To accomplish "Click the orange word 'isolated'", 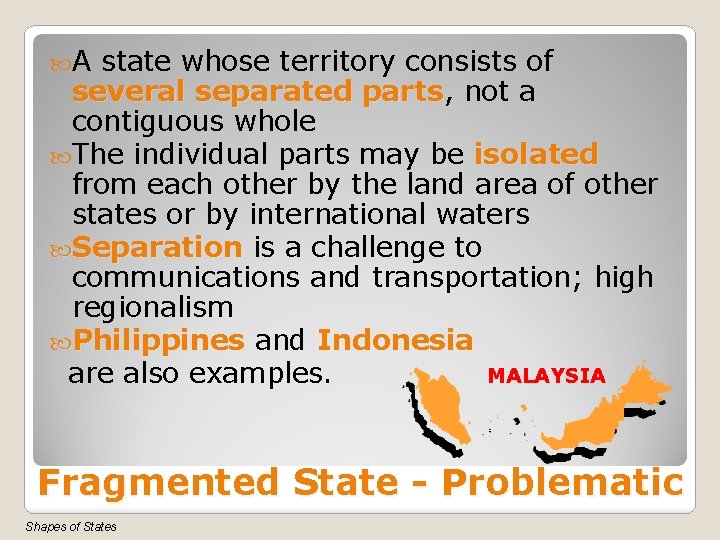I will tap(536, 155).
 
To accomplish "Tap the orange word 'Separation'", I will tap(157, 247).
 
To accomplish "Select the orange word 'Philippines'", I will tap(159, 340).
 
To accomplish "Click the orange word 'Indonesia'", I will tap(395, 340).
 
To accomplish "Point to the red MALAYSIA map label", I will tap(546, 376).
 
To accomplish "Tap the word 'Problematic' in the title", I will tap(562, 483).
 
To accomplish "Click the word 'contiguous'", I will tap(148, 123).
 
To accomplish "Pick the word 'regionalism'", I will tap(152, 307).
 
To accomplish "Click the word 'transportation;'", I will tap(479, 277).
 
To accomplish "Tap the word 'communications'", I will tap(186, 277).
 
